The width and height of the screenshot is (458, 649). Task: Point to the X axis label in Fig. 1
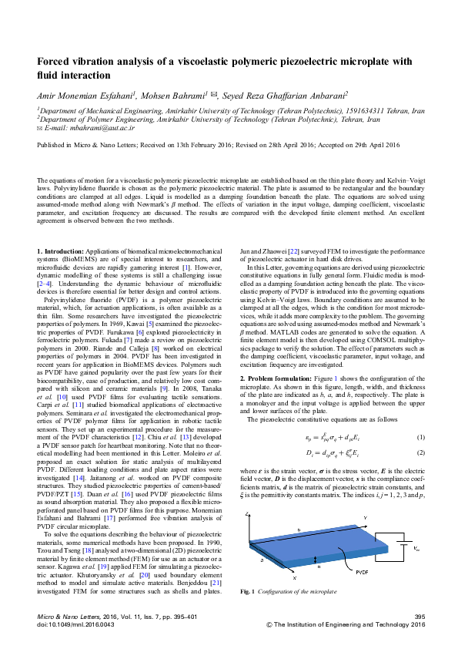pos(272,576)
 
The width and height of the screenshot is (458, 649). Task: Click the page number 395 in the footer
pos(420,617)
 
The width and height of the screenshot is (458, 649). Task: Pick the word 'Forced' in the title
pos(56,61)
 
